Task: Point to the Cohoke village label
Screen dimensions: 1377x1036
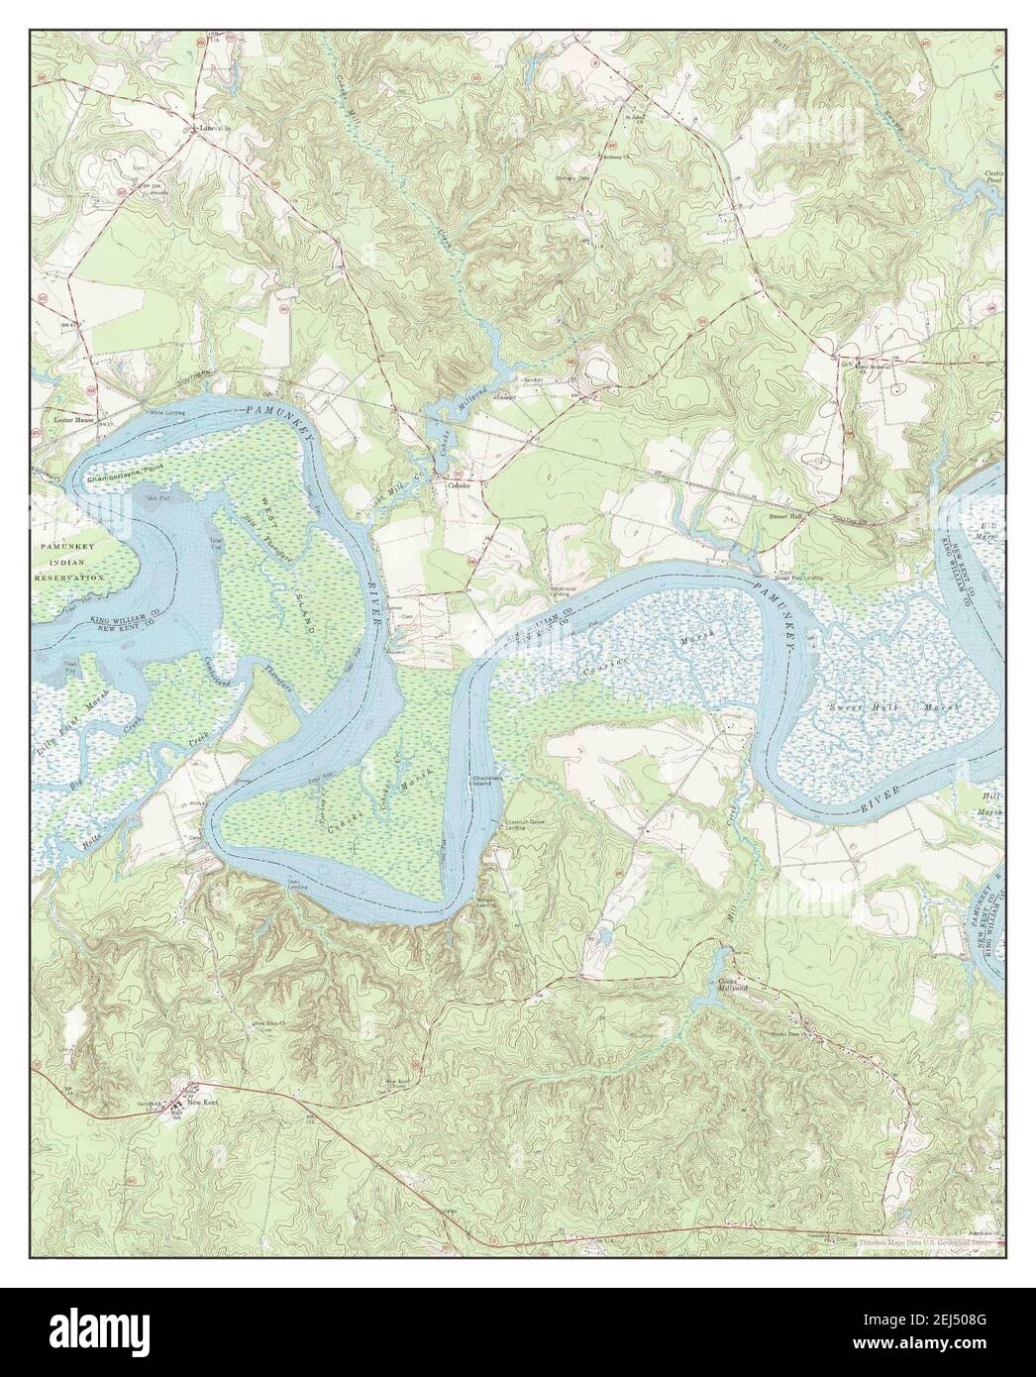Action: [457, 486]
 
